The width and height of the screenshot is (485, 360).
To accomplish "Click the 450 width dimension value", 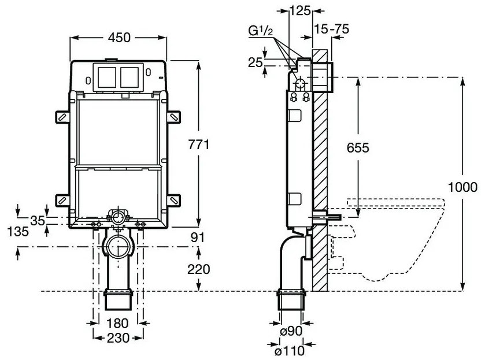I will (x=119, y=37).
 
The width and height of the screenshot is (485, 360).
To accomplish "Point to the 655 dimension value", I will (x=358, y=147).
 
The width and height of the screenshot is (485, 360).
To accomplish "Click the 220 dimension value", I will (x=199, y=269).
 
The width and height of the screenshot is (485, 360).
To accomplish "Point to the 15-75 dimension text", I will (x=334, y=28).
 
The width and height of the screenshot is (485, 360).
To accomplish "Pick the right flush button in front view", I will (x=130, y=77).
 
